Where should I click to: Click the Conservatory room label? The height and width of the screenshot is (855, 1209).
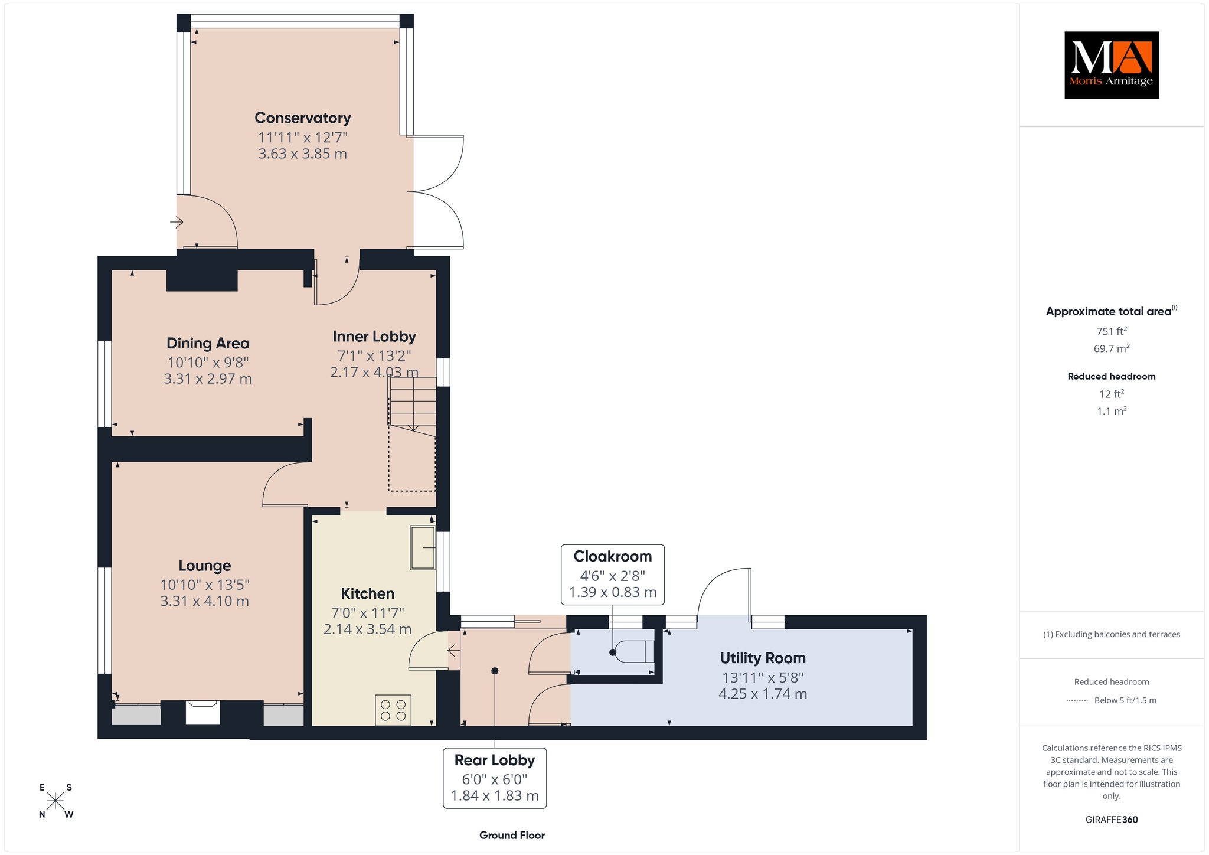pyautogui.click(x=302, y=118)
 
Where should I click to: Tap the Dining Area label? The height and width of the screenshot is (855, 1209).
pyautogui.click(x=208, y=343)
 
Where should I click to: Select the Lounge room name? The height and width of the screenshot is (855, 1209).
pyautogui.click(x=204, y=566)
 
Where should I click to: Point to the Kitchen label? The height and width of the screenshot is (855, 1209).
pyautogui.click(x=367, y=593)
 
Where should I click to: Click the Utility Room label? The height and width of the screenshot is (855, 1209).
pyautogui.click(x=763, y=658)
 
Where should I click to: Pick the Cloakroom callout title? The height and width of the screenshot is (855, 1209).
pyautogui.click(x=613, y=556)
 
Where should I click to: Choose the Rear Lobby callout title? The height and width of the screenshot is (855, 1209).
pyautogui.click(x=495, y=760)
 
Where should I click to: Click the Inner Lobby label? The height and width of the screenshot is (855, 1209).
pyautogui.click(x=374, y=337)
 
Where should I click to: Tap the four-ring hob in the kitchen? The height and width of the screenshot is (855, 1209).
pyautogui.click(x=393, y=710)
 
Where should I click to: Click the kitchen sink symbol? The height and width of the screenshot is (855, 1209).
pyautogui.click(x=423, y=548)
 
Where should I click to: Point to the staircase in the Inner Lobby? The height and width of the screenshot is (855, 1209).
pyautogui.click(x=412, y=434)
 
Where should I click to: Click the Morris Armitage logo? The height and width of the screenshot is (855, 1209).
pyautogui.click(x=1111, y=65)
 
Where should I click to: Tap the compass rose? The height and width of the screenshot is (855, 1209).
pyautogui.click(x=55, y=801)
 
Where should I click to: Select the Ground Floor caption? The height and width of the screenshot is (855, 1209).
pyautogui.click(x=512, y=835)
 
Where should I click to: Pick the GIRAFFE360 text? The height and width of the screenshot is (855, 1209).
pyautogui.click(x=1112, y=820)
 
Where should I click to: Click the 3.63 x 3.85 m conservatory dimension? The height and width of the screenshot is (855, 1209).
pyautogui.click(x=302, y=154)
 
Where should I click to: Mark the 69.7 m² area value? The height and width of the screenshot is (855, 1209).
pyautogui.click(x=1112, y=348)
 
